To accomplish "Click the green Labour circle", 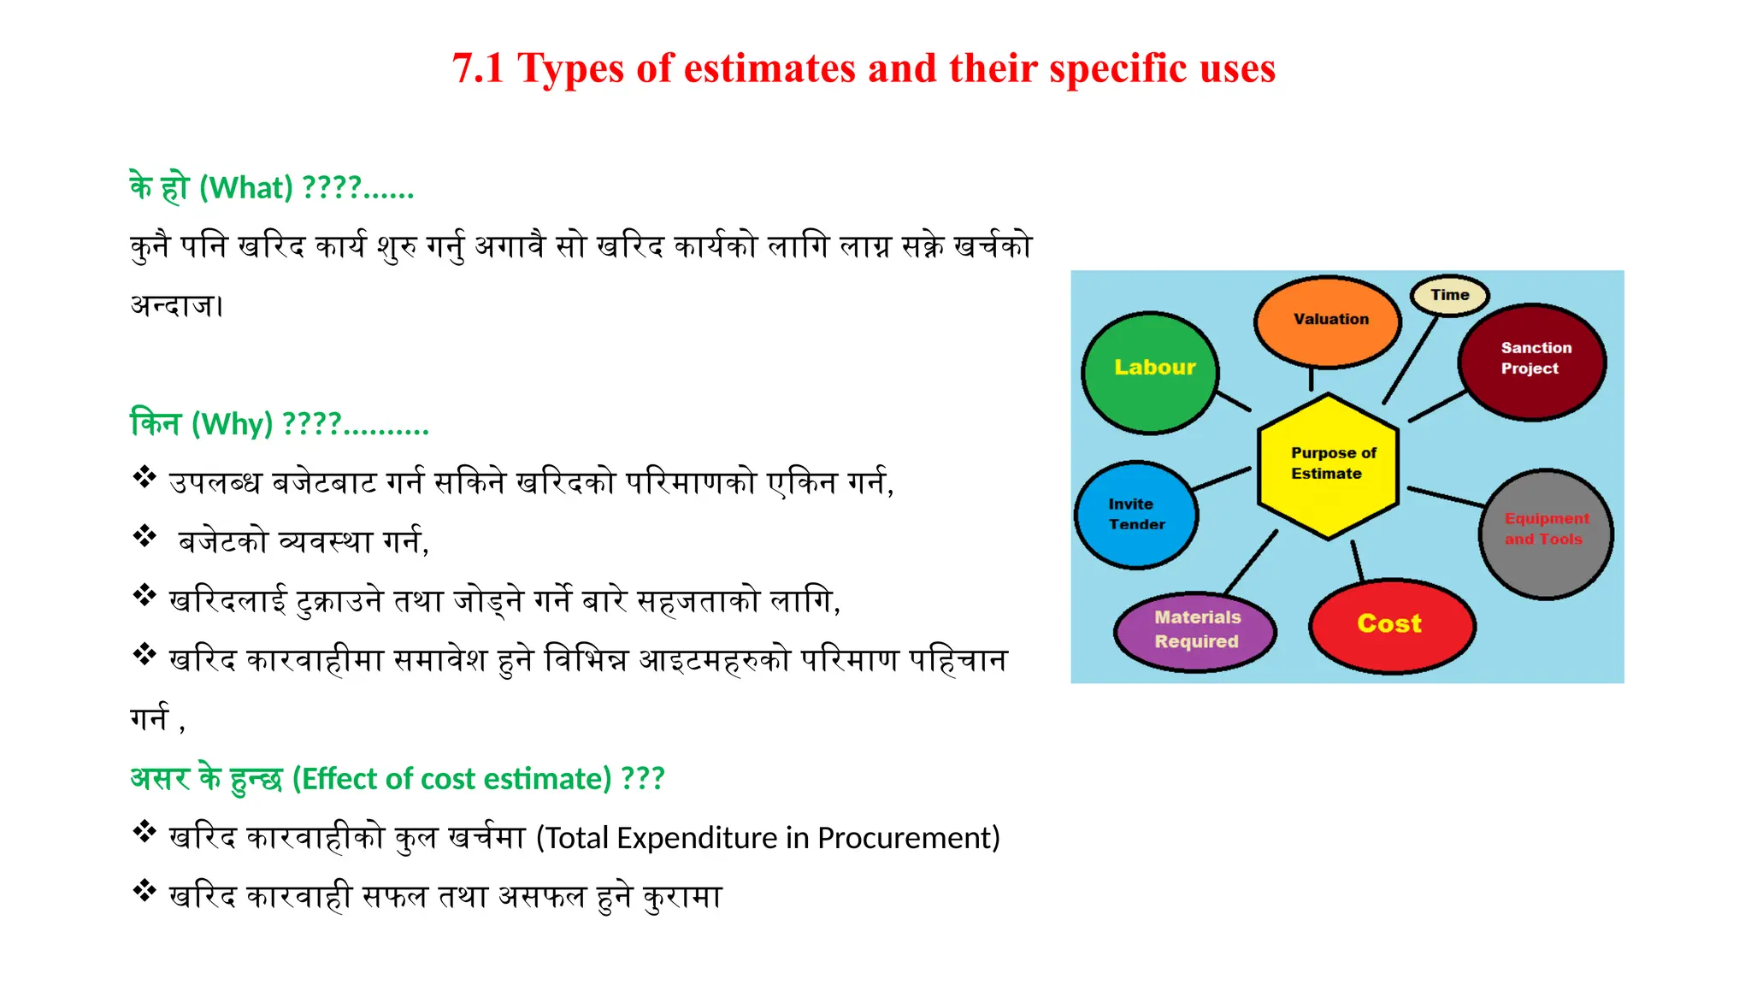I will point(1150,373).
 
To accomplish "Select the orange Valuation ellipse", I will point(1328,321).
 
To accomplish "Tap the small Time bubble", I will point(1449,295).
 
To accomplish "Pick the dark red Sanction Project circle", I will point(1532,362).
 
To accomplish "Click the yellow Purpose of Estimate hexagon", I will point(1329,466).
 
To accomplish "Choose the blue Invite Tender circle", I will point(1136,515).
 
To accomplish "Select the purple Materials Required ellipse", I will point(1195,631).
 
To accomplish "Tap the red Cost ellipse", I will point(1391,625).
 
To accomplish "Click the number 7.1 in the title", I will point(478,68).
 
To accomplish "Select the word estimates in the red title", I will point(769,68).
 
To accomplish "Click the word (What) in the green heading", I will point(246,187).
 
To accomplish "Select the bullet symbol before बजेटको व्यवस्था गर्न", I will point(144,536).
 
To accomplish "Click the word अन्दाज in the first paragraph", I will point(174,305).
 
